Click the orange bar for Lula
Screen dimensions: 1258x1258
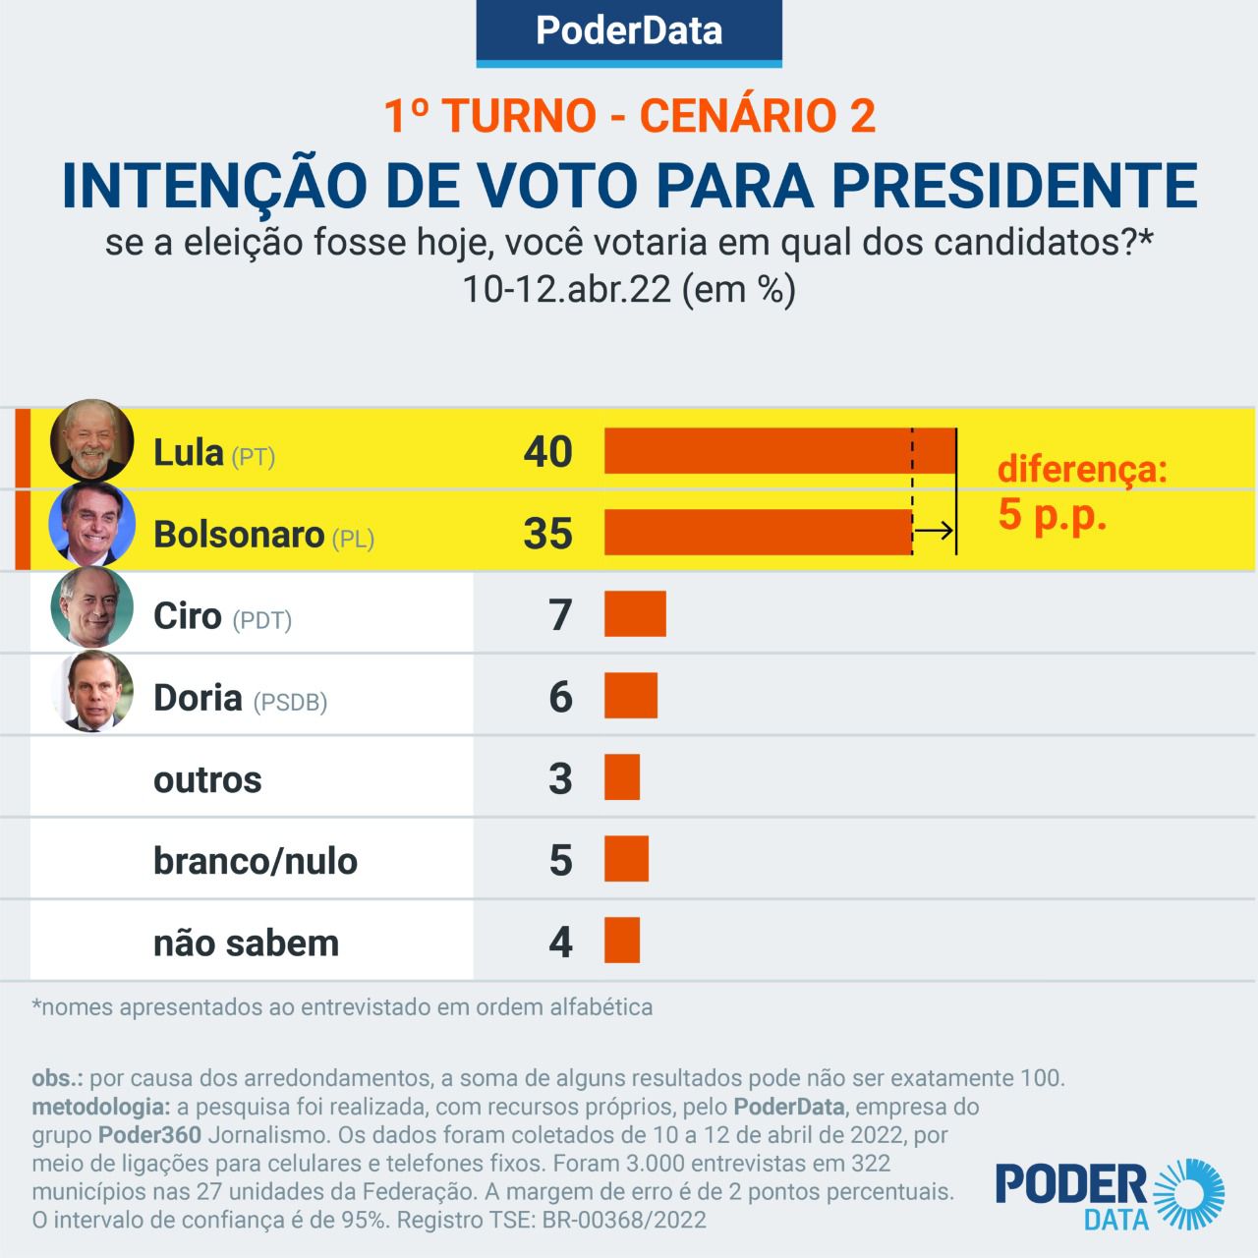click(x=779, y=451)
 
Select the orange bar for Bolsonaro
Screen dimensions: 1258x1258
click(x=758, y=533)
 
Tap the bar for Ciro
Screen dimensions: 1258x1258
click(x=635, y=614)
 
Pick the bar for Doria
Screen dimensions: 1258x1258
click(x=630, y=696)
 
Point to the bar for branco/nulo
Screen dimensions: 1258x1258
click(x=626, y=859)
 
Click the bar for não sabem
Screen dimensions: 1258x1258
click(x=621, y=941)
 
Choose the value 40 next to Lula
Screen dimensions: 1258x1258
click(x=547, y=452)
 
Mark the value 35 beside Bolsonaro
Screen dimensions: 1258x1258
click(x=547, y=534)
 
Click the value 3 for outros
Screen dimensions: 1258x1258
click(x=560, y=778)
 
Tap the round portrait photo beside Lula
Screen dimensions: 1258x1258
click(x=91, y=441)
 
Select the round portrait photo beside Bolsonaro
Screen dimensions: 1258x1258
click(x=91, y=523)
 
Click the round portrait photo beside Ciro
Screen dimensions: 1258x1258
click(x=91, y=606)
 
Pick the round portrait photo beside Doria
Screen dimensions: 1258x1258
click(x=91, y=691)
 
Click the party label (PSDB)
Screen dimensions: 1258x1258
click(x=290, y=703)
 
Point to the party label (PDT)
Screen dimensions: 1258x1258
click(x=262, y=620)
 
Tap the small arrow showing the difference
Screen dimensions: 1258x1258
click(x=934, y=532)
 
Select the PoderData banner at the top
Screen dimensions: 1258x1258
click(x=629, y=31)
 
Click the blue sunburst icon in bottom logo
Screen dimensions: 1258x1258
click(x=1192, y=1194)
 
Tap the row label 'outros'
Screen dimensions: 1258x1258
click(x=207, y=779)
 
